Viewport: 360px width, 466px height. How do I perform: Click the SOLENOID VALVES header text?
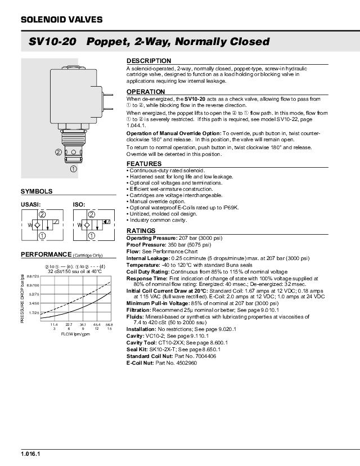[62, 20]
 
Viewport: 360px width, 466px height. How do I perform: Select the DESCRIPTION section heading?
[148, 61]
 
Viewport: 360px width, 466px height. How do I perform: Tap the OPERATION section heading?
[146, 92]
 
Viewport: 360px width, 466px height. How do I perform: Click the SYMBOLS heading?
[37, 191]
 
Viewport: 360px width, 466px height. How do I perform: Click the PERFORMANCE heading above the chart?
[47, 254]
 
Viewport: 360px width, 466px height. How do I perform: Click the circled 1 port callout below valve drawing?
[73, 168]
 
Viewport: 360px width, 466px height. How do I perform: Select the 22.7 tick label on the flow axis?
[69, 325]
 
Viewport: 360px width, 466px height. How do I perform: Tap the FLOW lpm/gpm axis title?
[75, 334]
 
